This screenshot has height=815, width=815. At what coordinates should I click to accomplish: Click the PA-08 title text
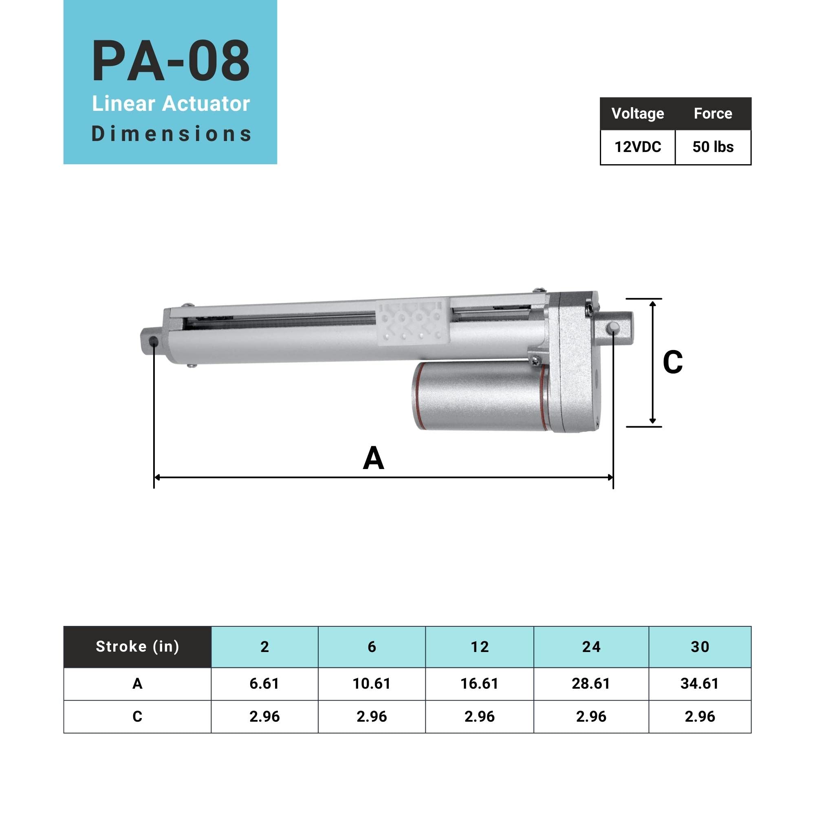point(170,61)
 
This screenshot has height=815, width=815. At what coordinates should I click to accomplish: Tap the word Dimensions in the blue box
point(171,134)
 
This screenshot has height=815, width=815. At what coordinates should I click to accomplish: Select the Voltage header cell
point(637,113)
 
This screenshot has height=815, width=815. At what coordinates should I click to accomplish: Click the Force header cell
point(712,113)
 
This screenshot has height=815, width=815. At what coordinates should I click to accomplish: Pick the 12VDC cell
point(637,147)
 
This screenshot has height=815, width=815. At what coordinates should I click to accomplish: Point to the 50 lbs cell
point(712,147)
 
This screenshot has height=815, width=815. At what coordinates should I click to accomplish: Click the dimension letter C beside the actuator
point(672,362)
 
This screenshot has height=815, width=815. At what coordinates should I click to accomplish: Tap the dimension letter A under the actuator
point(373,458)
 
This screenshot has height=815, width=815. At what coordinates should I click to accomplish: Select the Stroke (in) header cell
point(137,647)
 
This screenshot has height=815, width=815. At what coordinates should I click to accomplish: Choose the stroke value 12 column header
point(480,647)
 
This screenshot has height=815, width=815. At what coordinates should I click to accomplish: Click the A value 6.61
point(264,683)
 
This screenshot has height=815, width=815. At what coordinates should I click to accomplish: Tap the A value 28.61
point(590,683)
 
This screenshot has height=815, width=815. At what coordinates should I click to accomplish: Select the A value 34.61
point(699,683)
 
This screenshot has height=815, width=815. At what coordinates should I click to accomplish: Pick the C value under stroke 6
point(372,717)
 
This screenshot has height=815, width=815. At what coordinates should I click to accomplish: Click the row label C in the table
point(137,717)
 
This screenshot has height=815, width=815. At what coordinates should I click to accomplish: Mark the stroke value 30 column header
point(699,647)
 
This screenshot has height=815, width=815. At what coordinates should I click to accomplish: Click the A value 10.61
point(372,683)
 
